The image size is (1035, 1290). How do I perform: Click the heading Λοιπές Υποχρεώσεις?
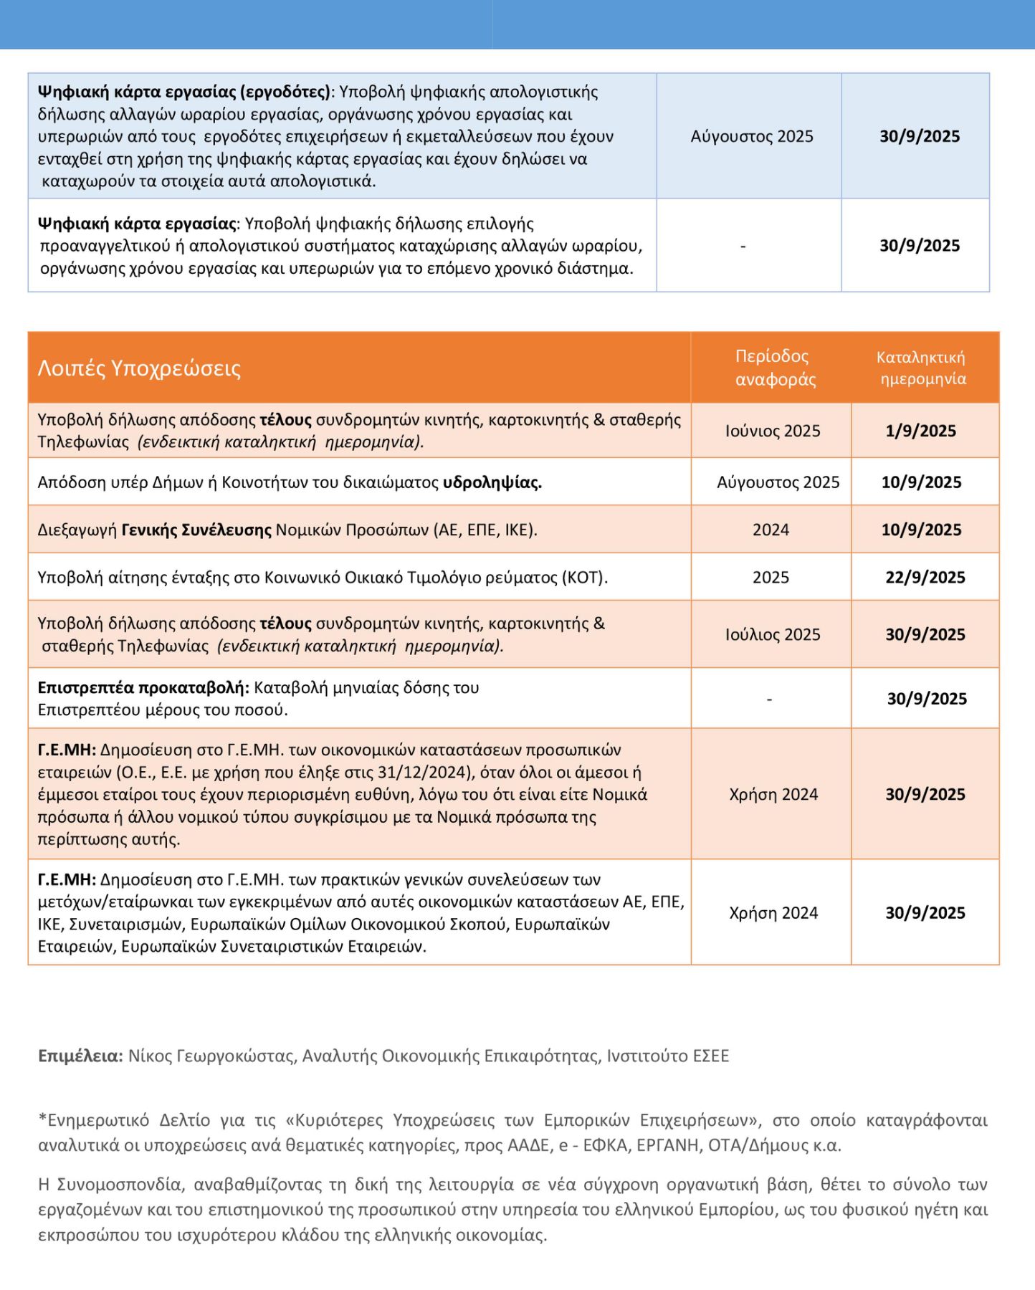pyautogui.click(x=139, y=368)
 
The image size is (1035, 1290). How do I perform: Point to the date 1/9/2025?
pyautogui.click(x=920, y=431)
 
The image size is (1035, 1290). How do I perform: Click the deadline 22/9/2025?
pyautogui.click(x=925, y=577)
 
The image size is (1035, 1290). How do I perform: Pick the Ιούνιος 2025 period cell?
pyautogui.click(x=772, y=431)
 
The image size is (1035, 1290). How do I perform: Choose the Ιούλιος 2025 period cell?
pyautogui.click(x=772, y=634)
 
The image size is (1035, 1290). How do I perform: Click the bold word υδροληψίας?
pyautogui.click(x=492, y=482)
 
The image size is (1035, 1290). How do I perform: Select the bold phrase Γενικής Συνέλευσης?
pyautogui.click(x=196, y=530)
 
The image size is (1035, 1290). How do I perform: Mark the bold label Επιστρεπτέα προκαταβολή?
pyautogui.click(x=143, y=687)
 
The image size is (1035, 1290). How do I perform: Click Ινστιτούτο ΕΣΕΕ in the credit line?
pyautogui.click(x=667, y=1056)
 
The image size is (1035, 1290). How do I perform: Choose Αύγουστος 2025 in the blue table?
pyautogui.click(x=751, y=136)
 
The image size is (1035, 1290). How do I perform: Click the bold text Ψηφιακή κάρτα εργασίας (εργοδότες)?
pyautogui.click(x=184, y=92)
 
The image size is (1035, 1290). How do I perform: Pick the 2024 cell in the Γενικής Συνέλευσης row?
pyautogui.click(x=771, y=530)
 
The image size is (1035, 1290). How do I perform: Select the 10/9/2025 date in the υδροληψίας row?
pyautogui.click(x=921, y=482)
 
